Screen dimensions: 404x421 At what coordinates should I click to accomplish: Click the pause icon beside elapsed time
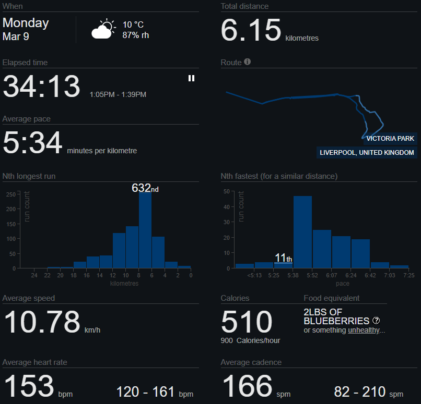(191, 78)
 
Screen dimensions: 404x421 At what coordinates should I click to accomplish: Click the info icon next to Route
(248, 62)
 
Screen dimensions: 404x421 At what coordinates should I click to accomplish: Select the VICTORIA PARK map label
(390, 139)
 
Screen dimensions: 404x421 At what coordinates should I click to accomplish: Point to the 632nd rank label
(145, 188)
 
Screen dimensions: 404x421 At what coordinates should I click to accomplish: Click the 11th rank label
(283, 258)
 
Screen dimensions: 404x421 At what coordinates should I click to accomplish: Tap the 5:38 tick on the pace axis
(293, 275)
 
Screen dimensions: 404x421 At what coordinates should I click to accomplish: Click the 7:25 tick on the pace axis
(408, 275)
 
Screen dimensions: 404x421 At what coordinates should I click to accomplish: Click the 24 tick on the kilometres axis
(34, 275)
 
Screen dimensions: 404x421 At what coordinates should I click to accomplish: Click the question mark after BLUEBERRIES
(376, 321)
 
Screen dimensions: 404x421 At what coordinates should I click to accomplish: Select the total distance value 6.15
(251, 31)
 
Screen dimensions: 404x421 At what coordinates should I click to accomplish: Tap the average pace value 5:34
(32, 143)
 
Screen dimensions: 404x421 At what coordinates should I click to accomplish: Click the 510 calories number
(247, 322)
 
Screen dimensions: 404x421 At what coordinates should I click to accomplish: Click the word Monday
(26, 23)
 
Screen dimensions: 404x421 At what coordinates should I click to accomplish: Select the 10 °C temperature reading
(133, 25)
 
